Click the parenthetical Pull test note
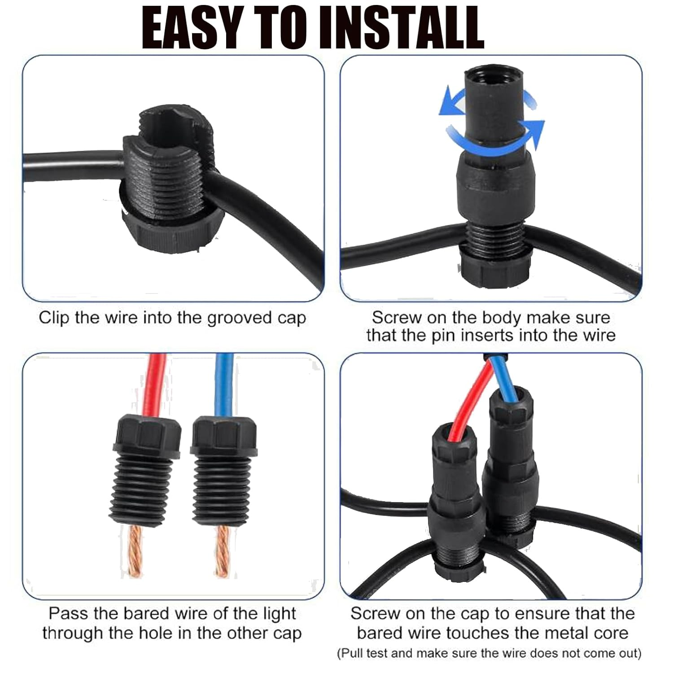(489, 653)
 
